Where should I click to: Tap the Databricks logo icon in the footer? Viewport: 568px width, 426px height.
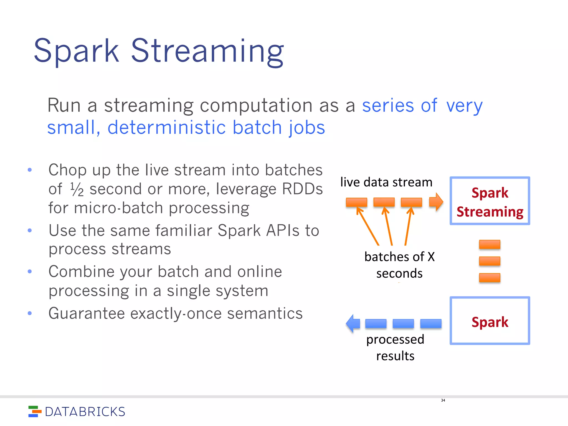point(34,411)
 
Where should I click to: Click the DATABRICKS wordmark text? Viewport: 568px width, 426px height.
point(85,412)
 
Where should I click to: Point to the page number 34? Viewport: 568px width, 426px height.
point(443,400)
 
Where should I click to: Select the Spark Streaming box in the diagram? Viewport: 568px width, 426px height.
point(490,201)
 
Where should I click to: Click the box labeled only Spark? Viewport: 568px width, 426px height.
point(490,321)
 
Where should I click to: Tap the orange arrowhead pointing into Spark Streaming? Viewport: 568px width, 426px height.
point(436,202)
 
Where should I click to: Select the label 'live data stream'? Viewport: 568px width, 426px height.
point(386,182)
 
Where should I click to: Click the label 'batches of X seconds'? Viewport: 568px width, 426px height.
point(399,265)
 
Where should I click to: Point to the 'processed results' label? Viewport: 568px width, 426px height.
point(395,347)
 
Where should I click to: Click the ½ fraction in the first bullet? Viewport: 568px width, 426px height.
point(77,189)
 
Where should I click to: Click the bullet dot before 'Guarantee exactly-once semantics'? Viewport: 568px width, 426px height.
point(30,313)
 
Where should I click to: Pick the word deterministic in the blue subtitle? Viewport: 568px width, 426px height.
point(166,127)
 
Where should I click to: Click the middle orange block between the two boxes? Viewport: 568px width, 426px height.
point(490,261)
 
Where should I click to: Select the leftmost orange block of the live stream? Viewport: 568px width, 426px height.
point(356,202)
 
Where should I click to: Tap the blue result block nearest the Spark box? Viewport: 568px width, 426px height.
point(431,323)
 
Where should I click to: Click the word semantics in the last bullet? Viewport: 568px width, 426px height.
point(265,313)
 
